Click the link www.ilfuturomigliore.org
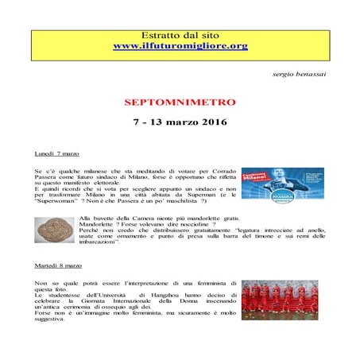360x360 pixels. [180, 46]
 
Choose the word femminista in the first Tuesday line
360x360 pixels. [215, 284]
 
